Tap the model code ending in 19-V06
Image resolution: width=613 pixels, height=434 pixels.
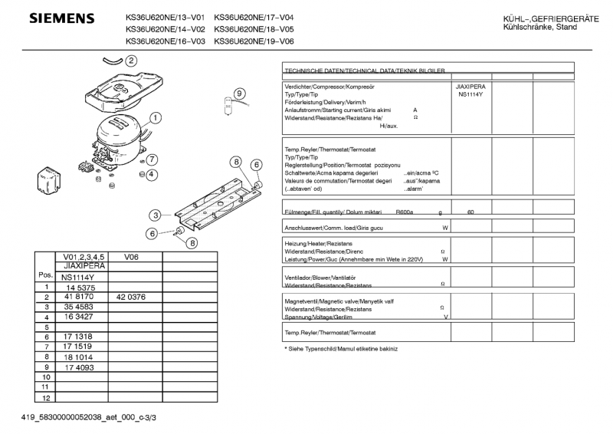[254, 41]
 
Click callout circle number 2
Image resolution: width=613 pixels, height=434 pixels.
[131, 61]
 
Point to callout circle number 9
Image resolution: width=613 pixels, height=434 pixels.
[240, 94]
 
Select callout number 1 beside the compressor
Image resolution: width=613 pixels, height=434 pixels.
[156, 118]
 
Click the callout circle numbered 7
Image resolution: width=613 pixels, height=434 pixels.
[152, 159]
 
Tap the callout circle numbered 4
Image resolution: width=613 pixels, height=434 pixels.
[152, 174]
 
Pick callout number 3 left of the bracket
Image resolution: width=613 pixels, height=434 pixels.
[156, 215]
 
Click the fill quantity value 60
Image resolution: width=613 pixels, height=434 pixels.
[470, 212]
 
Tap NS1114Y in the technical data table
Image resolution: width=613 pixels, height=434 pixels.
[470, 95]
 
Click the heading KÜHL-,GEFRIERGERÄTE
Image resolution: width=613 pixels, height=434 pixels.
[551, 18]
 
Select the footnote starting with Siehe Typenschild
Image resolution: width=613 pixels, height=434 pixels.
[341, 349]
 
